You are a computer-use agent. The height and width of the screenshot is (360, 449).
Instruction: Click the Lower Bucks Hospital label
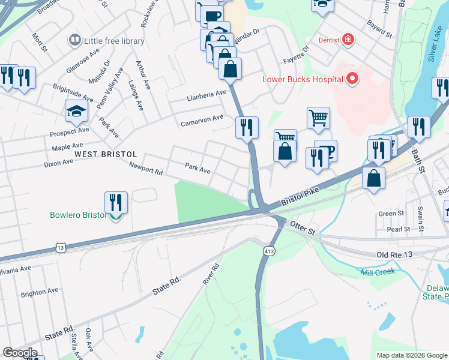[x=302, y=79]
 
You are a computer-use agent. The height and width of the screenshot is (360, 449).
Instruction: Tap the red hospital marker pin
[x=352, y=79]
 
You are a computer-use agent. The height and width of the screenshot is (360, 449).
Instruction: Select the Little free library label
[x=114, y=41]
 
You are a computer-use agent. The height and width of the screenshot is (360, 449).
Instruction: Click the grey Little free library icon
[x=75, y=40]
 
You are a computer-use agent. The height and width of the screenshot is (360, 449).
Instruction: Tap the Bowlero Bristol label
[x=77, y=214]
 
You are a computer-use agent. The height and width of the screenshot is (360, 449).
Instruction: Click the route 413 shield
[x=268, y=250]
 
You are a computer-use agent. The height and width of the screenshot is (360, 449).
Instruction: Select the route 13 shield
[x=59, y=247]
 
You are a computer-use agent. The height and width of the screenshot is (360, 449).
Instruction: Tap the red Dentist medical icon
[x=347, y=40]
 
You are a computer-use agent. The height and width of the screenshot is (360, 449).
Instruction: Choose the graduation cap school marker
[x=76, y=110]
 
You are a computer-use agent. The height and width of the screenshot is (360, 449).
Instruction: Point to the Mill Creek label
[x=378, y=272]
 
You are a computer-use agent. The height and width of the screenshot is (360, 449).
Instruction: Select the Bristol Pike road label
[x=301, y=197]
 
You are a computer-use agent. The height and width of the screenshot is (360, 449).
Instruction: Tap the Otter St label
[x=302, y=229]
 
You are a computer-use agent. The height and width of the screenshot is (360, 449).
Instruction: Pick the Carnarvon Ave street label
[x=202, y=121]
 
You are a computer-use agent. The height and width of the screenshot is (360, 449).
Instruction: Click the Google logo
[x=19, y=353]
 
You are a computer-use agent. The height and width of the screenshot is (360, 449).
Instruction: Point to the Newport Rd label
[x=146, y=172]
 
